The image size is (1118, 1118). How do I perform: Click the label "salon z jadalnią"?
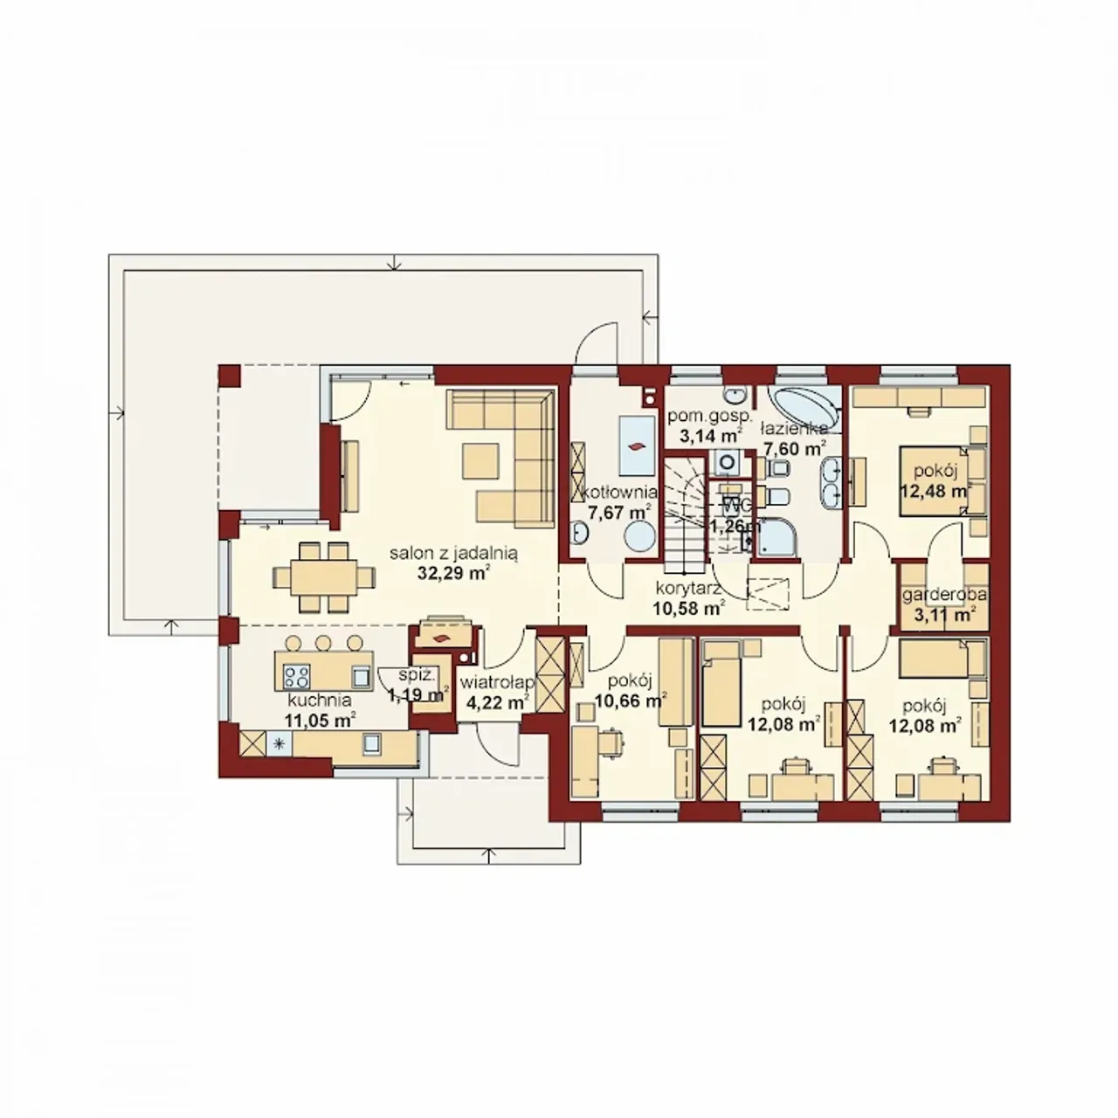pyautogui.click(x=453, y=554)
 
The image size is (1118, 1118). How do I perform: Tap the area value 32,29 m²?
pyautogui.click(x=454, y=573)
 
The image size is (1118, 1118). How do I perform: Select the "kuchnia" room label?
pyautogui.click(x=319, y=700)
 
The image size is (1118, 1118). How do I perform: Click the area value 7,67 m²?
pyautogui.click(x=619, y=513)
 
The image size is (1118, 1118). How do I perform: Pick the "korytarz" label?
pyautogui.click(x=688, y=589)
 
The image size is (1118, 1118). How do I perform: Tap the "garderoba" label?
pyautogui.click(x=944, y=595)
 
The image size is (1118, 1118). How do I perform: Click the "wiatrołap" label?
pyautogui.click(x=497, y=683)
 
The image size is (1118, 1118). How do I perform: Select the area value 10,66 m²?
pyautogui.click(x=630, y=700)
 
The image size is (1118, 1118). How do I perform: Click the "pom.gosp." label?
pyautogui.click(x=709, y=416)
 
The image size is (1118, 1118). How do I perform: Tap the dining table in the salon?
pyautogui.click(x=324, y=577)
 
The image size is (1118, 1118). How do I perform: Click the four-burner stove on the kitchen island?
pyautogui.click(x=296, y=675)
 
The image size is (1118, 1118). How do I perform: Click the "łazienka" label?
pyautogui.click(x=794, y=429)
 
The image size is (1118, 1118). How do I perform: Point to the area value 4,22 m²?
pyautogui.click(x=497, y=702)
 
